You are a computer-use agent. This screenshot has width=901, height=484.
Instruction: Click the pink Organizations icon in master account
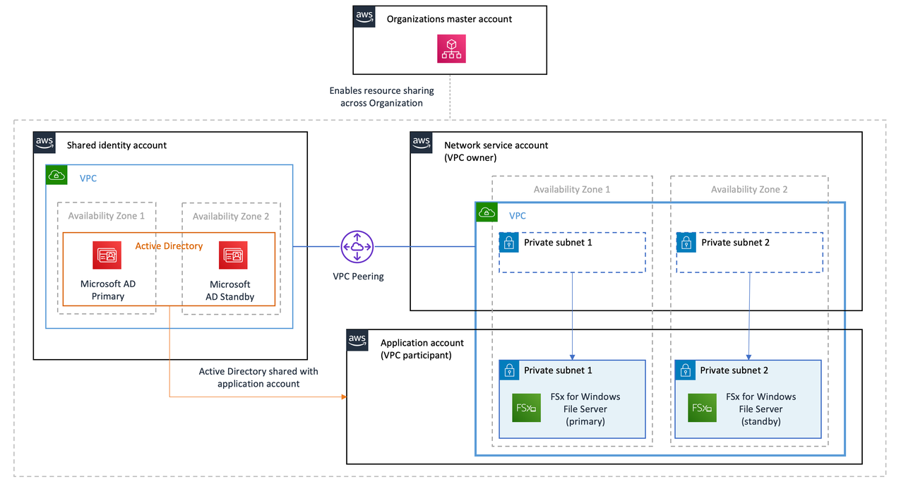(451, 49)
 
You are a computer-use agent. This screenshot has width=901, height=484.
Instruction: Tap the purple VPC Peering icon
(357, 246)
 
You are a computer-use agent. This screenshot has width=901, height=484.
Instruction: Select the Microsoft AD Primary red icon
(107, 255)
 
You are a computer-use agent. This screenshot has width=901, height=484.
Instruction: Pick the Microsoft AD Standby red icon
(233, 255)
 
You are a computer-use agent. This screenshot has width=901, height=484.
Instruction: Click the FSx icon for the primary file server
(526, 408)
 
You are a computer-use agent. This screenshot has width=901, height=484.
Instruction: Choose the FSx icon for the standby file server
(702, 408)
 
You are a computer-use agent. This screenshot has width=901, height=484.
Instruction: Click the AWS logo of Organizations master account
(364, 16)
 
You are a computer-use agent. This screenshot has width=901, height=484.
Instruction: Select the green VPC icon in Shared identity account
(56, 176)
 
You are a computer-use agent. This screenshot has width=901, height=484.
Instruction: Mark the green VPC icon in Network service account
(487, 212)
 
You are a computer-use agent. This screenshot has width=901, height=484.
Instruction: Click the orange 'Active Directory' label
(169, 246)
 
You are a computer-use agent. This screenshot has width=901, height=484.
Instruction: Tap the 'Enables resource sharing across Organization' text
(381, 97)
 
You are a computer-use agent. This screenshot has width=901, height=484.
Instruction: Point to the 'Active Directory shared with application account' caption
(258, 377)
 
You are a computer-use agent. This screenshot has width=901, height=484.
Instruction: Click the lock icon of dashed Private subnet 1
(508, 243)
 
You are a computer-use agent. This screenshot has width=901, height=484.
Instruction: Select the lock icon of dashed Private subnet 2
(686, 243)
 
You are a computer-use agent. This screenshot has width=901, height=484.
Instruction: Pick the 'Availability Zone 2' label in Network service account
(748, 189)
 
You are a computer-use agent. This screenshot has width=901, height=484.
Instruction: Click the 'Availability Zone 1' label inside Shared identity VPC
(106, 216)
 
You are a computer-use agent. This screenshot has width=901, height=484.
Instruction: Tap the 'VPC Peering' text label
(358, 276)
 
